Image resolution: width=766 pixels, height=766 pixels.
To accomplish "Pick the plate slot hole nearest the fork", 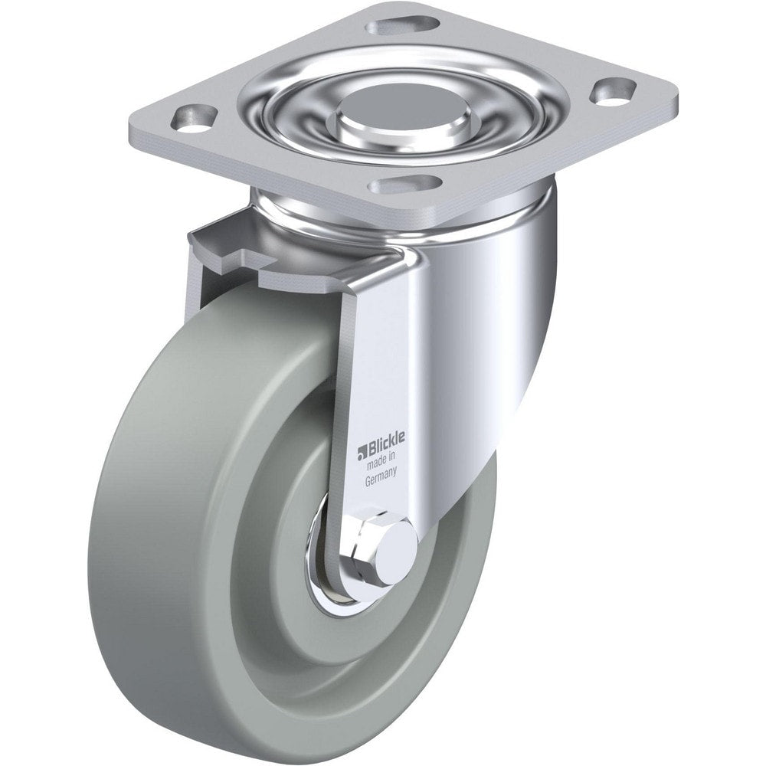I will [404, 185].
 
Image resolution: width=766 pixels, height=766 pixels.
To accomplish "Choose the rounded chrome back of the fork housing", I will [498, 329].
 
